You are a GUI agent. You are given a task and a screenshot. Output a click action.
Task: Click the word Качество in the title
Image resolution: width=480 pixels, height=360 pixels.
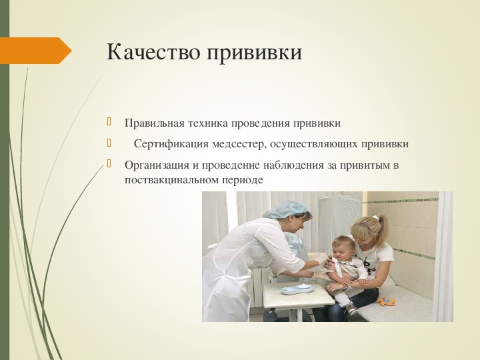point(154,51)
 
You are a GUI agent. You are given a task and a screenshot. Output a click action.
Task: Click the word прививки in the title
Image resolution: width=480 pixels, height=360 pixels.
point(255,53)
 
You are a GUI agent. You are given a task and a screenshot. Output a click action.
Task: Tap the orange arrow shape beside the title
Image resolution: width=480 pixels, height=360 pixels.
point(36,51)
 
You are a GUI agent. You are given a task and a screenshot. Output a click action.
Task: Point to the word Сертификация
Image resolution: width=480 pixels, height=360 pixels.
point(171,144)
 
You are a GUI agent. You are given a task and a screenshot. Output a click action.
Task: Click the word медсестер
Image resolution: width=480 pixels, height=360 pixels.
point(237,144)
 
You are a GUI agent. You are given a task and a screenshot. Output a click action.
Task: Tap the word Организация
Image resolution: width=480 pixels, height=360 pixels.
point(157,165)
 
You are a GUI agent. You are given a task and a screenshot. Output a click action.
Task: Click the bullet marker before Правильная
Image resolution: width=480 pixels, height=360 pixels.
point(109,122)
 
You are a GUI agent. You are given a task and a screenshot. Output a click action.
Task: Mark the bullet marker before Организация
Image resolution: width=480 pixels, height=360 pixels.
point(109,164)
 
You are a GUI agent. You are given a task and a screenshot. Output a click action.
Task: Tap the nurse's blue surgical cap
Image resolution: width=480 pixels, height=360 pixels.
point(285,210)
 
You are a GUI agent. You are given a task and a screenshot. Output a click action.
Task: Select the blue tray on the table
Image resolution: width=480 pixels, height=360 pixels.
point(295,289)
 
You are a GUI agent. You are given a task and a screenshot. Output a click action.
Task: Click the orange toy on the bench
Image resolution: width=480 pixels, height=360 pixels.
point(386,302)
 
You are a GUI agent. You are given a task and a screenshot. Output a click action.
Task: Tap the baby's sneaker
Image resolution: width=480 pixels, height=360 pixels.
point(351,309)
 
